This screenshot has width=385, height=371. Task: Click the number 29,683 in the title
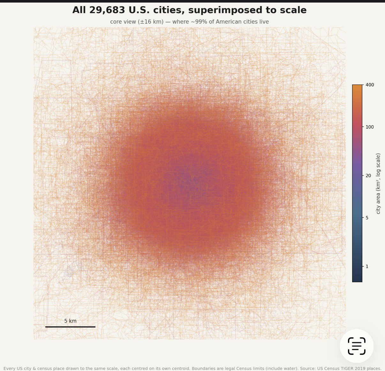tap(107, 10)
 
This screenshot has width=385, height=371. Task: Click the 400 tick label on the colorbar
tap(370, 85)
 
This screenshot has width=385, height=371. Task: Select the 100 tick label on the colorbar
tap(370, 127)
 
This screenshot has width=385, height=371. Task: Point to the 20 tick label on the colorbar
tap(368, 176)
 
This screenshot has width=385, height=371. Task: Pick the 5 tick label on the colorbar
tap(367, 218)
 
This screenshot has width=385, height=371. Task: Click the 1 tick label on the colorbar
tap(367, 267)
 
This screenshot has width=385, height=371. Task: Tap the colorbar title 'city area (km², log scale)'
tap(378, 183)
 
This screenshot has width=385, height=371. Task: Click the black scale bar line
tap(70, 327)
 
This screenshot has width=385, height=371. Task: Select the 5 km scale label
tap(70, 321)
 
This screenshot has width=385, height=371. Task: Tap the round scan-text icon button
tap(357, 346)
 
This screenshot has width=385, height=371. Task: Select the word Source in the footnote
tap(307, 369)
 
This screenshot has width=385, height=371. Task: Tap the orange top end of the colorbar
tap(357, 85)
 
